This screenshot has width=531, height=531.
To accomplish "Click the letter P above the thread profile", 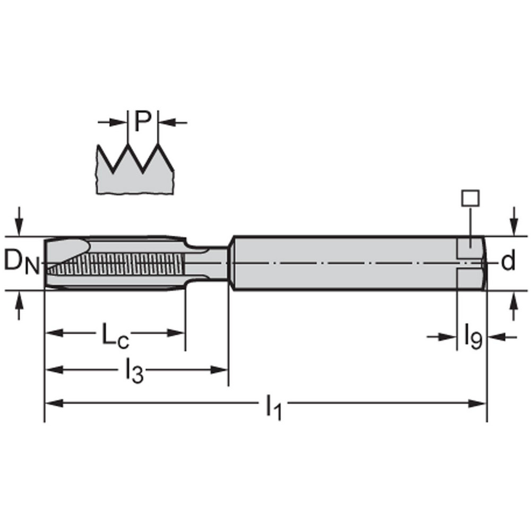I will (x=142, y=122).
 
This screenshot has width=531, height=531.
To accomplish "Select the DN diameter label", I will (x=22, y=262).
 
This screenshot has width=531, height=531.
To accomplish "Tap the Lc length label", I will (x=115, y=336).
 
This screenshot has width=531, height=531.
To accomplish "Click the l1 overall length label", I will (x=273, y=406).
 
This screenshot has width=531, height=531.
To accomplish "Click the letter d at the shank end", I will (x=508, y=262).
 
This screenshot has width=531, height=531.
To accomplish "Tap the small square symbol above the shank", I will (x=470, y=198).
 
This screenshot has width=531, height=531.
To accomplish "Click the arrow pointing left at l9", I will (x=495, y=336).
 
